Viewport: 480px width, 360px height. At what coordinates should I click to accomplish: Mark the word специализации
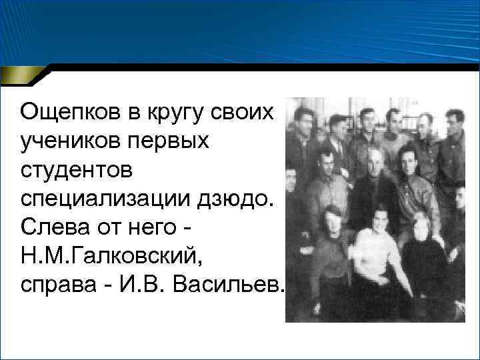(93, 198)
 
